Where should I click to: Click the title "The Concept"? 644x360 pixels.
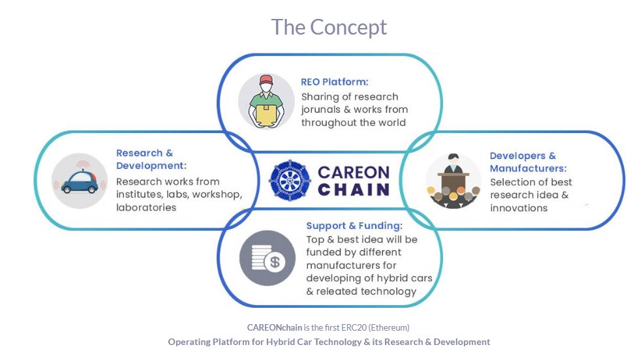pyautogui.click(x=329, y=27)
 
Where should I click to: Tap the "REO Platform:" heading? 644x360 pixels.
pyautogui.click(x=334, y=82)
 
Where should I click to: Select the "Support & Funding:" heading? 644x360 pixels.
pyautogui.click(x=354, y=226)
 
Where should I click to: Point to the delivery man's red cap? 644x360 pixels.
pyautogui.click(x=266, y=79)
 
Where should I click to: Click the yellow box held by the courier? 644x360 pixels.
pyautogui.click(x=266, y=115)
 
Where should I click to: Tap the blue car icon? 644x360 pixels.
pyautogui.click(x=80, y=182)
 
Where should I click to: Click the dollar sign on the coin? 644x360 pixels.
pyautogui.click(x=275, y=262)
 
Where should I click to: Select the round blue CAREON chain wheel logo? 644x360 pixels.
pyautogui.click(x=290, y=180)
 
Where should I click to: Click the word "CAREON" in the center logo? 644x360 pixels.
pyautogui.click(x=354, y=172)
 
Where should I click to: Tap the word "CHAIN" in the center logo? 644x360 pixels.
pyautogui.click(x=354, y=190)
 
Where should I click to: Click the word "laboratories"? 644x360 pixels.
pyautogui.click(x=146, y=207)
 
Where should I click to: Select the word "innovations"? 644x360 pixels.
pyautogui.click(x=519, y=208)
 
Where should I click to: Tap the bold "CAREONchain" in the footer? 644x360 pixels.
pyautogui.click(x=274, y=327)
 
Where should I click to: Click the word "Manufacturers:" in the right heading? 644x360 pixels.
pyautogui.click(x=528, y=168)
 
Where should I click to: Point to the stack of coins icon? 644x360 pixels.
pyautogui.click(x=262, y=258)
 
